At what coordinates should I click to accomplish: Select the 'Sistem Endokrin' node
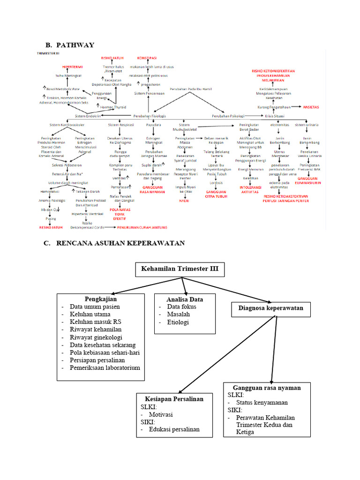pyautogui.click(x=88, y=116)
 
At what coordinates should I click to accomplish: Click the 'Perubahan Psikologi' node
pyautogui.click(x=228, y=116)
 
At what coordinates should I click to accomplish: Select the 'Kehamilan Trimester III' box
pyautogui.click(x=180, y=270)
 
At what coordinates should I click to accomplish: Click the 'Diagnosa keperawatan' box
pyautogui.click(x=270, y=308)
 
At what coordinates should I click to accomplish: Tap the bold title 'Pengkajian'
pyautogui.click(x=100, y=299)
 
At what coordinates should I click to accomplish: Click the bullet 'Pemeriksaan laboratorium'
pyautogui.click(x=105, y=368)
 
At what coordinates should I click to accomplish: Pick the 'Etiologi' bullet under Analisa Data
pyautogui.click(x=180, y=322)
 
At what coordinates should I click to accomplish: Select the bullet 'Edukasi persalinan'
pyautogui.click(x=174, y=429)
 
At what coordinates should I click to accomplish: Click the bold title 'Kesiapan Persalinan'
pyautogui.click(x=171, y=399)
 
